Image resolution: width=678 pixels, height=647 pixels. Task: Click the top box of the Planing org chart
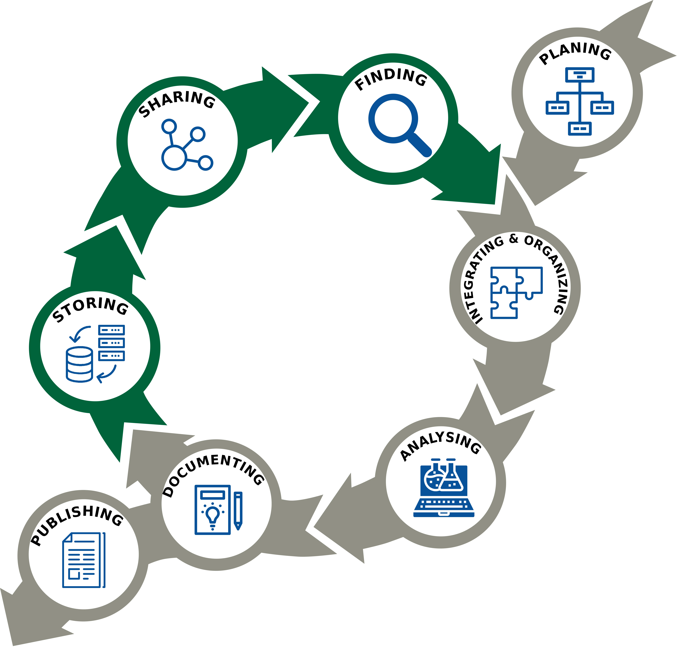pyautogui.click(x=580, y=75)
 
